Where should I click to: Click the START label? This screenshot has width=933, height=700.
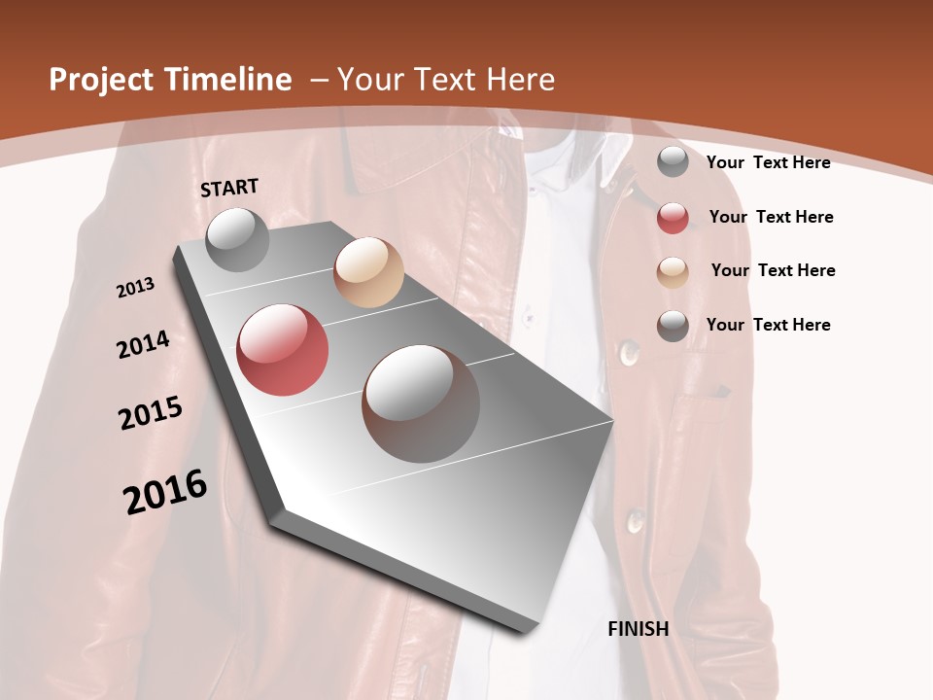point(229,187)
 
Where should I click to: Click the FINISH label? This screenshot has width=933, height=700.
point(639,629)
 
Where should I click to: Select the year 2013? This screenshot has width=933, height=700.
point(135,288)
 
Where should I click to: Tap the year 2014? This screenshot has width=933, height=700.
point(143,345)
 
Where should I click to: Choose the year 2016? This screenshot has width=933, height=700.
point(165,492)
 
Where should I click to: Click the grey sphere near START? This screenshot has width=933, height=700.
point(237,239)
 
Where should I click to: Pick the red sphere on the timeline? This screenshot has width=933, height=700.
point(283,350)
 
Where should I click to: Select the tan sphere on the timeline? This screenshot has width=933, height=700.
point(368,272)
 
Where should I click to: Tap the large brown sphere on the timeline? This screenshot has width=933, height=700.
point(421,403)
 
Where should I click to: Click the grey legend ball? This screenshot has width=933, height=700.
point(673,162)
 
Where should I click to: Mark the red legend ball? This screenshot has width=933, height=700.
point(673,218)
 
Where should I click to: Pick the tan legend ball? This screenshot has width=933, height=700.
point(673,271)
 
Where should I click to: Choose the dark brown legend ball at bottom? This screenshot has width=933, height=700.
point(673,326)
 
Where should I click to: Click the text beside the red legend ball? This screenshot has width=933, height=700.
point(771,217)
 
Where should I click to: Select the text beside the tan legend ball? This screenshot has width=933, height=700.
point(773,270)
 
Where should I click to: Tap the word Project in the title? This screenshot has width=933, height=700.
point(101,80)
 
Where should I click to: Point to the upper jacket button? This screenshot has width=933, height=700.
point(629,349)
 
